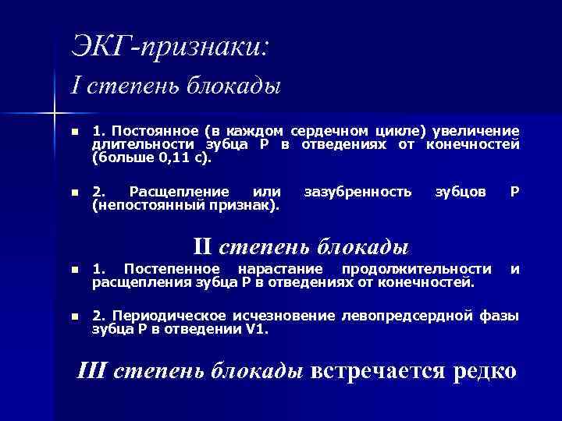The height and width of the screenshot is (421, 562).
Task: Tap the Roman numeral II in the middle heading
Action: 203,247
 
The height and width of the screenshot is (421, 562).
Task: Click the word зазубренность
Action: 357,191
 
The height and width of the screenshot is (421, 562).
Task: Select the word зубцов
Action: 460,191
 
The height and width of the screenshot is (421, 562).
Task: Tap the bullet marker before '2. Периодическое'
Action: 73,317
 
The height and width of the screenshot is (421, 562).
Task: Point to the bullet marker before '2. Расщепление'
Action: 73,192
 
